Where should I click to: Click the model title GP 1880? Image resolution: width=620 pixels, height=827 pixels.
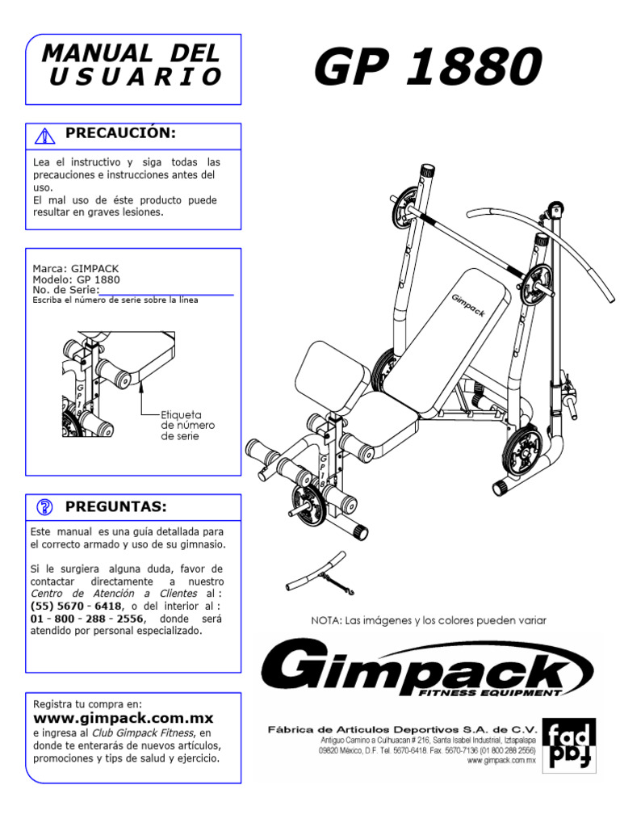427,68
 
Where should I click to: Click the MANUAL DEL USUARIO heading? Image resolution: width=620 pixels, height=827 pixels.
131,65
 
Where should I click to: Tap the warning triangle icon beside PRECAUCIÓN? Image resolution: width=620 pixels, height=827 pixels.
45,135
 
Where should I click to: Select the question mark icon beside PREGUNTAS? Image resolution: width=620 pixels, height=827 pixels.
45,507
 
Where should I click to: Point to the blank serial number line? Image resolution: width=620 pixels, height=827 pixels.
166,293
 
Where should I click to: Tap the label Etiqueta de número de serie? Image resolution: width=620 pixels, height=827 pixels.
188,424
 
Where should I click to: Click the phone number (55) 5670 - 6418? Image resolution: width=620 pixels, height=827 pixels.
77,606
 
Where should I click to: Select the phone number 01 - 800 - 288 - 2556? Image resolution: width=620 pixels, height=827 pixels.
89,618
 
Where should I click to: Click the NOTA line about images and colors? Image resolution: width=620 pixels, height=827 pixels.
429,620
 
